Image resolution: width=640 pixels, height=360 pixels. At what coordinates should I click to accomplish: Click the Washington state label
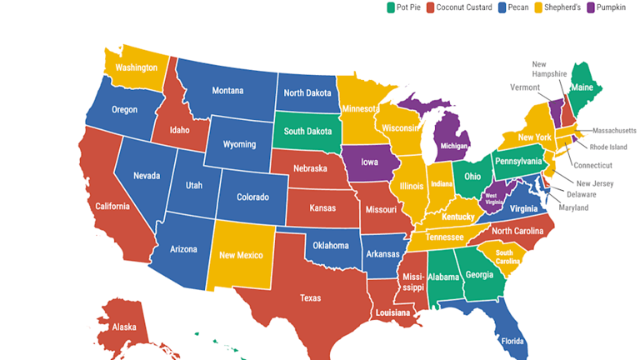137,67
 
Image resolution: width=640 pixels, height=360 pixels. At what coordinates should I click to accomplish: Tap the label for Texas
309,297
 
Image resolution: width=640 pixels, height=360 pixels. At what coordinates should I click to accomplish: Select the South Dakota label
307,131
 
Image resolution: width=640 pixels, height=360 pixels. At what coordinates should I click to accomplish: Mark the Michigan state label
454,145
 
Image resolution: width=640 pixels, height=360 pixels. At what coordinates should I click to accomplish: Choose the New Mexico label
242,255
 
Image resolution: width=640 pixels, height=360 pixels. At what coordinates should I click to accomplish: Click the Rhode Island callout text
607,147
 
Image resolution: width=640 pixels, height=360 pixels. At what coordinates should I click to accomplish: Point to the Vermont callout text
525,87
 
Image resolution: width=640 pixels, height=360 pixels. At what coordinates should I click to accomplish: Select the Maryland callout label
572,207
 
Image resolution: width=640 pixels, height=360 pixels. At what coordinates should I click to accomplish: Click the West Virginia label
495,198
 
